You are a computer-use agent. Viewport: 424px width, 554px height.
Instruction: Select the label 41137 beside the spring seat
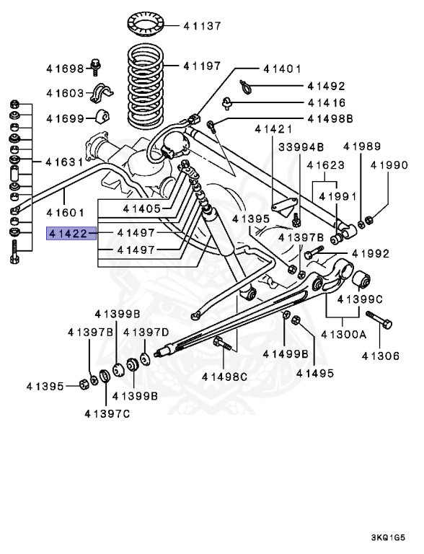coord(201,26)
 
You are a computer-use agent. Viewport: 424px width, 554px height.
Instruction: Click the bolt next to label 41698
coord(95,67)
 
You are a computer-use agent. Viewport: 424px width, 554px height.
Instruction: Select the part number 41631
coord(66,162)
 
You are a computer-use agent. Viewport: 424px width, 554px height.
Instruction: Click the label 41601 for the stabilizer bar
coord(66,213)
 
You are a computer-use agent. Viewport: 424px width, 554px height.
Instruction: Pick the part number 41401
coord(282,69)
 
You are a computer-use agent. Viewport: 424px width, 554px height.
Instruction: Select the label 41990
coord(389,165)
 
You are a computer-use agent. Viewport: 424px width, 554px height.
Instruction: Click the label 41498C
coord(224,377)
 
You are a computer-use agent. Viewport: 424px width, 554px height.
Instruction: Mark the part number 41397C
coord(107,413)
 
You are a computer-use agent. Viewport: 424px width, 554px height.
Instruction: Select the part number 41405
coord(141,208)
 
